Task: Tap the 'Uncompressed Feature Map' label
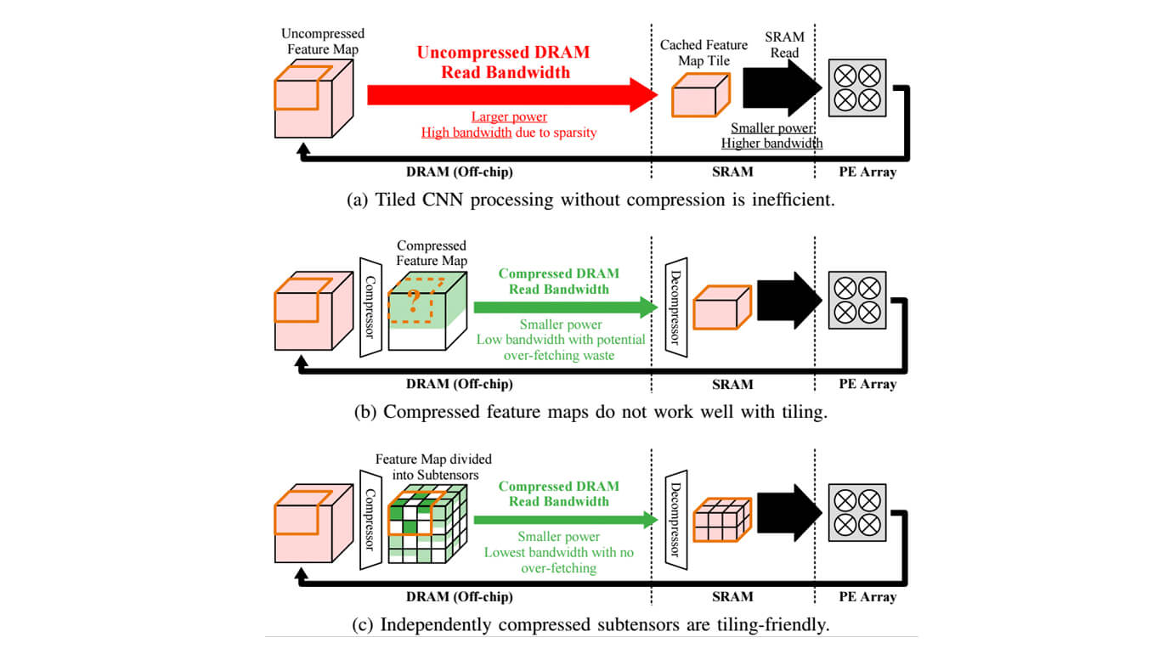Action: [323, 42]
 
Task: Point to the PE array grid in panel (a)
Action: [856, 88]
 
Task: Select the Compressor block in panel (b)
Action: [370, 307]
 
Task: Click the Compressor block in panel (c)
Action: [370, 519]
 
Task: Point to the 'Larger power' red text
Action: [510, 116]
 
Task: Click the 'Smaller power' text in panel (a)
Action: [771, 128]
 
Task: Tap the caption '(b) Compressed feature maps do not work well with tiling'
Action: [590, 413]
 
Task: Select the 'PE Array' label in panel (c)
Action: [867, 597]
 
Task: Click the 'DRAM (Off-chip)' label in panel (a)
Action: [460, 172]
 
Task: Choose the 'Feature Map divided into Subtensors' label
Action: [433, 466]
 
